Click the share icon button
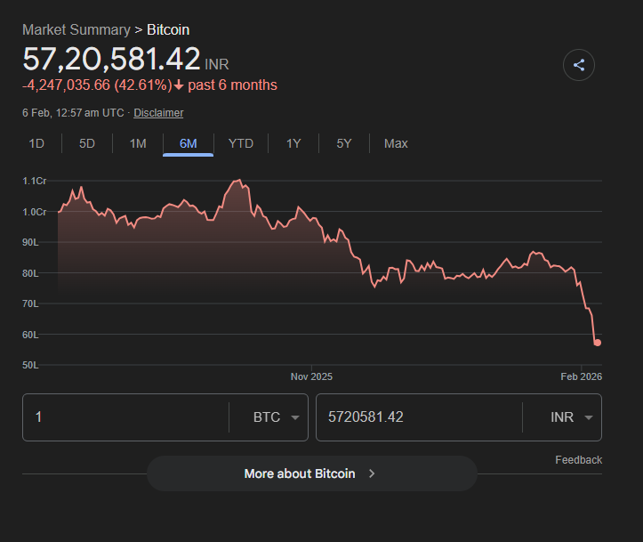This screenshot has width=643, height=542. pos(579,65)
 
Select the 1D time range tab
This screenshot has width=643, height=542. pos(36,143)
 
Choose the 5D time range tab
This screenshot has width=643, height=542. pos(87,143)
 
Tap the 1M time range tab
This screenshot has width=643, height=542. pos(138,143)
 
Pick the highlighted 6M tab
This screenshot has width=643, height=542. pos(188,143)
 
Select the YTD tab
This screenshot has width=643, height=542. pos(240,143)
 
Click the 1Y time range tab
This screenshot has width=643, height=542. pos(293,143)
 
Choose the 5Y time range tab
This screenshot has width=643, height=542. pos(344,143)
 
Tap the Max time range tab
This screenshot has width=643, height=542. pos(396,143)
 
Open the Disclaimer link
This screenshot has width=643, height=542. pos(158,113)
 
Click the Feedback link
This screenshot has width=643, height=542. pos(578,460)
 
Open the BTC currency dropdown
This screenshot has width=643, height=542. pos(276,417)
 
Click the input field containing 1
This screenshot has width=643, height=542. pos(125,417)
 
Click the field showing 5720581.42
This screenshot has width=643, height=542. pos(418,417)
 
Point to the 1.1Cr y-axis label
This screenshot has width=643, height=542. pos(35,182)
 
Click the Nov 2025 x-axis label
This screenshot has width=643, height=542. pos(311,376)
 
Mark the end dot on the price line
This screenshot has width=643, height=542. pos(598,343)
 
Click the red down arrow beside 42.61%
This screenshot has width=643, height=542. pos(179,85)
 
